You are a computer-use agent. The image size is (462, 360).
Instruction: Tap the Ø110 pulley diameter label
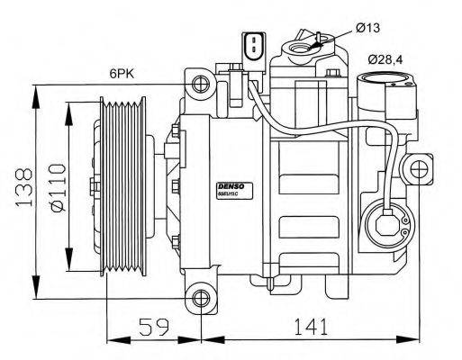(x=57, y=191)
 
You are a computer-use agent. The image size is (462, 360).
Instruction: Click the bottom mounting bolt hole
(x=200, y=299)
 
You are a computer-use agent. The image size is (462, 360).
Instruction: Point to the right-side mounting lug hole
(x=417, y=168)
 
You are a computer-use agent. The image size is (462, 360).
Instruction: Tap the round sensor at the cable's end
(x=388, y=219)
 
